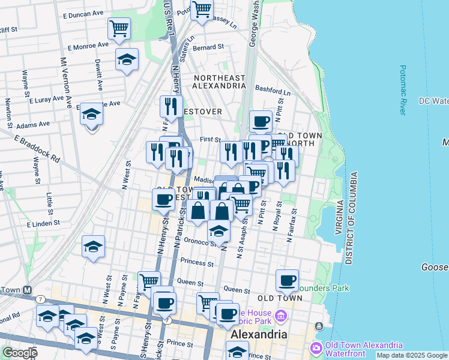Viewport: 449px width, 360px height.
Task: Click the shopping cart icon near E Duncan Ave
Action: click(x=119, y=28)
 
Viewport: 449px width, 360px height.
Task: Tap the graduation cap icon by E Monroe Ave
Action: click(x=127, y=59)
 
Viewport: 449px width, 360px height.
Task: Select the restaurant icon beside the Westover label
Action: click(x=171, y=106)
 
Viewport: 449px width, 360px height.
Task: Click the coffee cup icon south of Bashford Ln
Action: click(x=261, y=121)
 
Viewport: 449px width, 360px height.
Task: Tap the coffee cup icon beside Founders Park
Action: click(x=288, y=280)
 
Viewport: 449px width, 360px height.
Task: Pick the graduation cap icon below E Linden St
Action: click(x=93, y=247)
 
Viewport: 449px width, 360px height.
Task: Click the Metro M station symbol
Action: click(x=27, y=290)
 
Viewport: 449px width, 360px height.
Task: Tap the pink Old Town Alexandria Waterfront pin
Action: click(x=316, y=348)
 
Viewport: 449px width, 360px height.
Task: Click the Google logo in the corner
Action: click(x=20, y=353)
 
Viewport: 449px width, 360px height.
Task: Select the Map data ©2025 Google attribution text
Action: click(x=411, y=355)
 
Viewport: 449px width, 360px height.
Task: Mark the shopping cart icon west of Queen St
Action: click(x=148, y=280)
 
